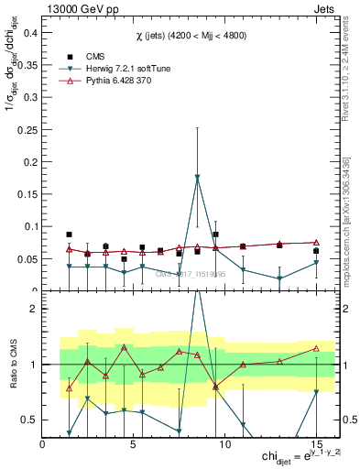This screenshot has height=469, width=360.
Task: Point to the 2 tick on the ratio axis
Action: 33,309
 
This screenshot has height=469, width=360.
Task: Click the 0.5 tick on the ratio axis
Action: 27,420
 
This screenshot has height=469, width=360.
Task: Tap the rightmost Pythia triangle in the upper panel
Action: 316,242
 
